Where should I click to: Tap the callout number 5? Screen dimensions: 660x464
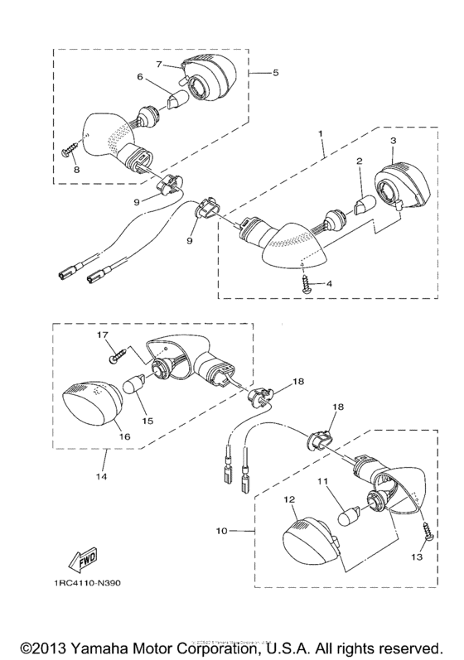tap(275, 73)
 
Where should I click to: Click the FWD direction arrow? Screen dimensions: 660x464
tap(83, 562)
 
